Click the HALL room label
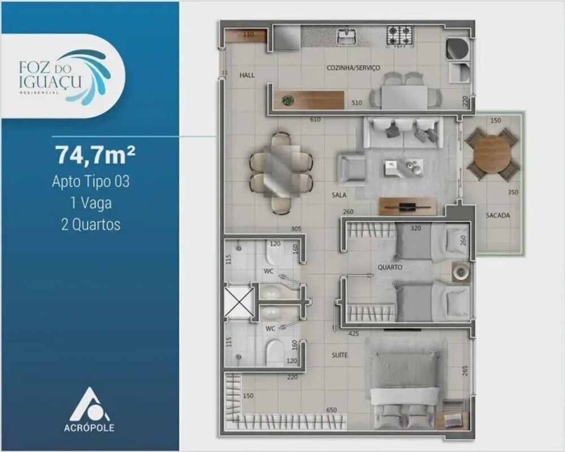247,74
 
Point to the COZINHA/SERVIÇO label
353,68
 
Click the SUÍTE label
340,355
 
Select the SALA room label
339,195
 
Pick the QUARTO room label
390,267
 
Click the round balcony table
492,154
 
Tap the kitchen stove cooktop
399,35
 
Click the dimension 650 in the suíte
332,410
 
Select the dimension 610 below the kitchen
315,120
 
